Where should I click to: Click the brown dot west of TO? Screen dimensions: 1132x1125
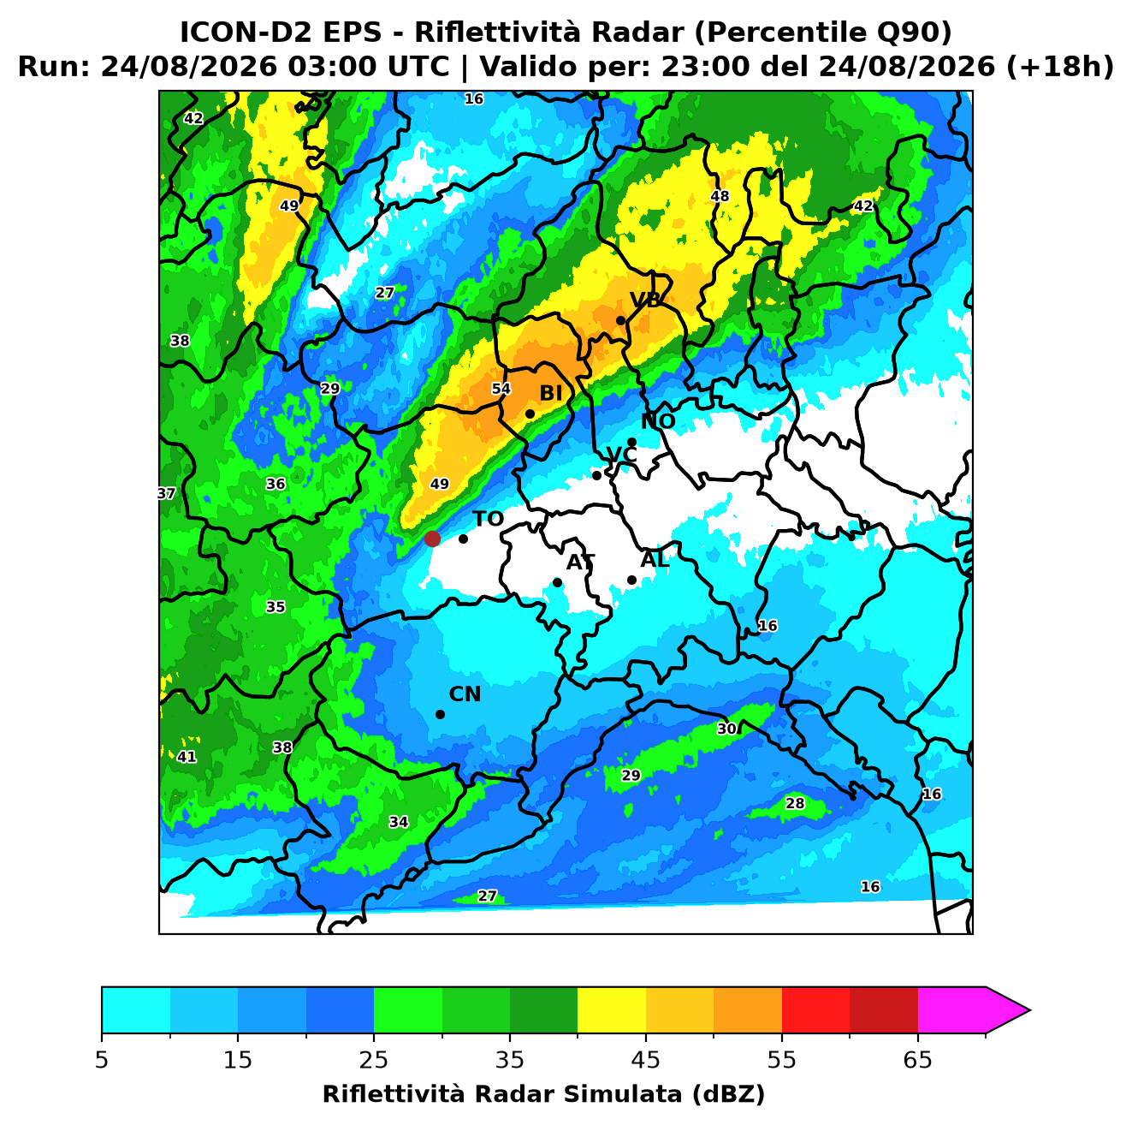point(432,539)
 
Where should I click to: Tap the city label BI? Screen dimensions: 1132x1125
point(550,394)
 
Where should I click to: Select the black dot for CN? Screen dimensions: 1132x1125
point(440,715)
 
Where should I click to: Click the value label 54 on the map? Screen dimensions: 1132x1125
point(501,389)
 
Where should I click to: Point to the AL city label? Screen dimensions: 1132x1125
point(655,559)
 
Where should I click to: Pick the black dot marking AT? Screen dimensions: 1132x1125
point(557,583)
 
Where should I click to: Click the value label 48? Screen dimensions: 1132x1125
point(720,196)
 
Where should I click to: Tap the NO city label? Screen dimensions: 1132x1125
point(657,421)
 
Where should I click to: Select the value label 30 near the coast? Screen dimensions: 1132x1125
point(726,729)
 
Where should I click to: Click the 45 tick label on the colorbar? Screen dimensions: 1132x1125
point(645,1060)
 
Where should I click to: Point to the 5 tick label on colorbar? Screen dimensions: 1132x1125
point(102,1060)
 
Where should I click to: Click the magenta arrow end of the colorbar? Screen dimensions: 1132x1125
point(1007,1011)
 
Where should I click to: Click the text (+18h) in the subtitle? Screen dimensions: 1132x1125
point(1059,67)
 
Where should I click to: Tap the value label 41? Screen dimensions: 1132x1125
point(187,757)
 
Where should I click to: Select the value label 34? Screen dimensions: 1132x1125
point(398,822)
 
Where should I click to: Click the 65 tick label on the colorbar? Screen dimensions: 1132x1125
point(917,1060)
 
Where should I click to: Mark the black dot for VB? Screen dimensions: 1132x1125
point(620,320)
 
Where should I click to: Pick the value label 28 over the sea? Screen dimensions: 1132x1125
point(795,803)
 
